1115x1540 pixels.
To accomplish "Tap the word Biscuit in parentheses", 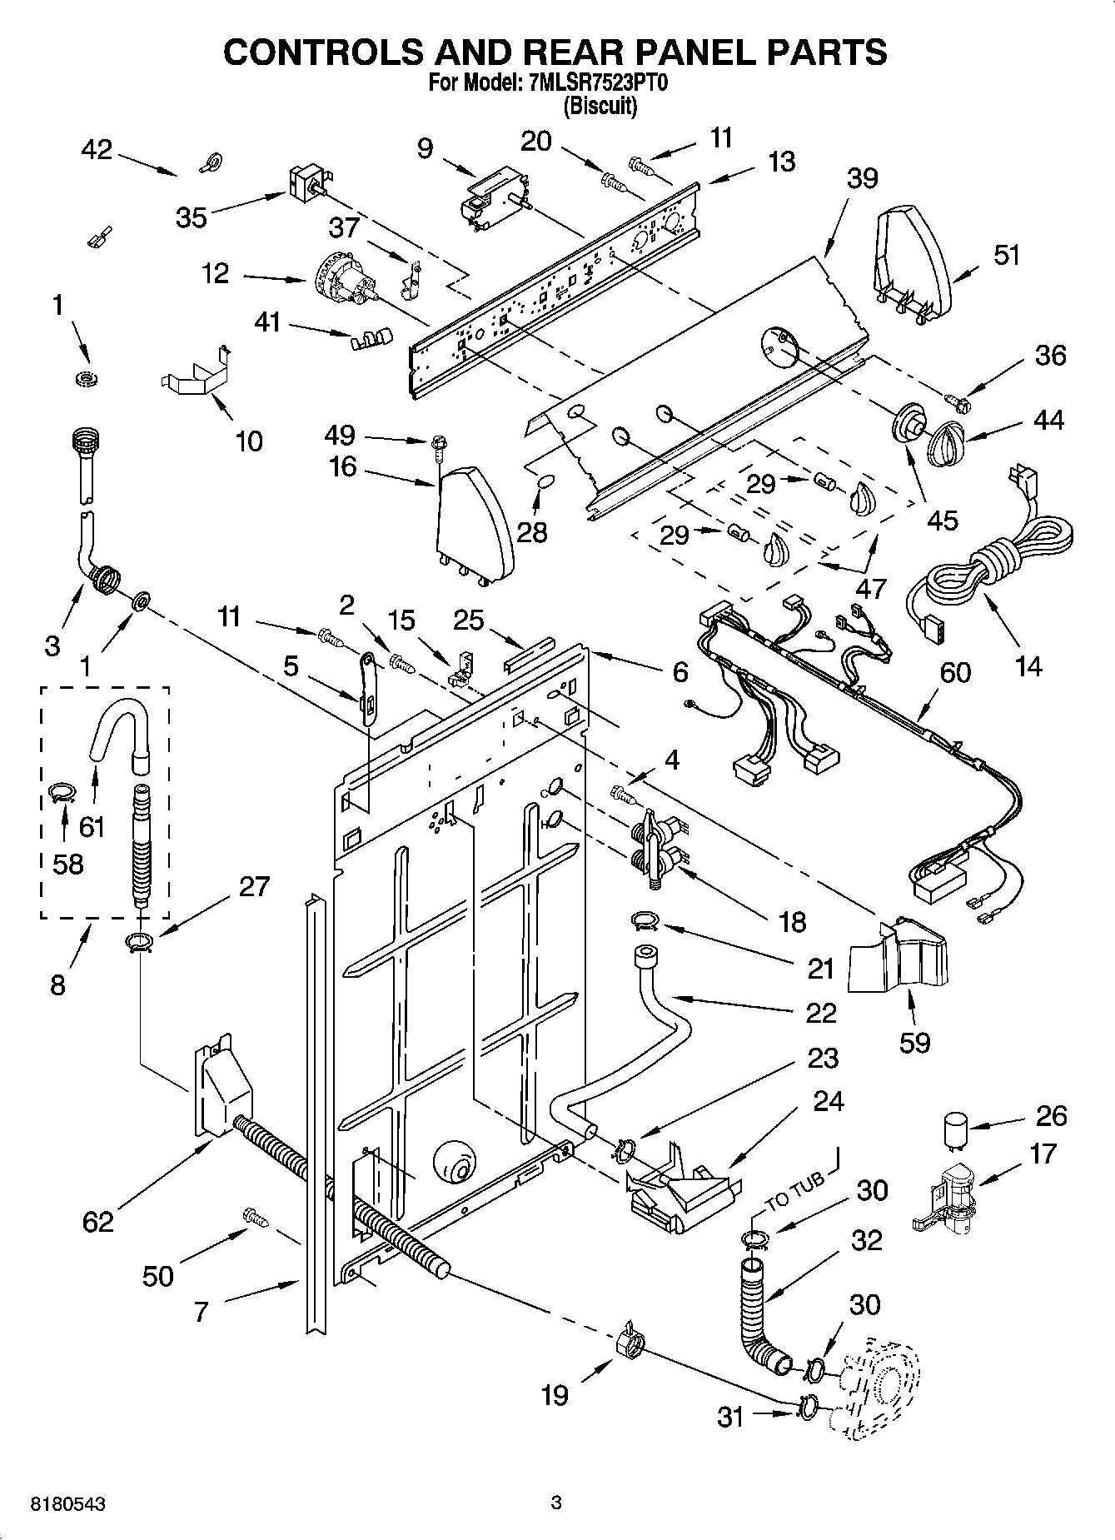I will click(600, 107).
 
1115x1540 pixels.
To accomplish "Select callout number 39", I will click(862, 178).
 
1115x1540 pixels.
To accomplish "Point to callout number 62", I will click(97, 1221).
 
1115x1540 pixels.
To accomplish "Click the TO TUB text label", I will click(794, 1191).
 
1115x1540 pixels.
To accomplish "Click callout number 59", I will click(914, 1041).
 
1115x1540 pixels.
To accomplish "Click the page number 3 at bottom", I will click(556, 1503).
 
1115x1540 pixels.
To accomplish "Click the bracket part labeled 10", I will click(195, 374).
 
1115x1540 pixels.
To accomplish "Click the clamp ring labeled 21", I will click(644, 920).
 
